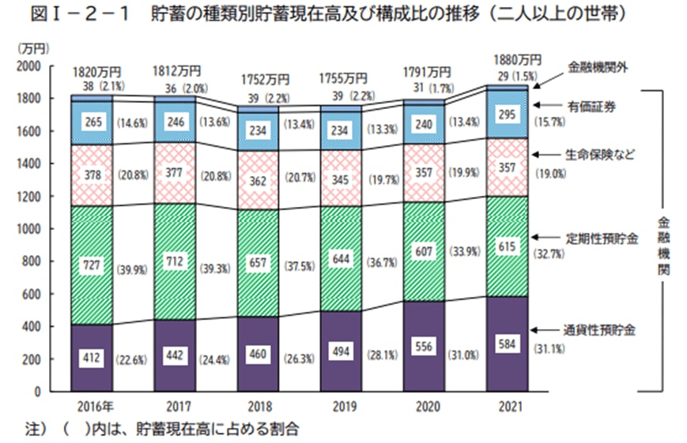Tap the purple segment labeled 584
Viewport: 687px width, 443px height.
pos(508,344)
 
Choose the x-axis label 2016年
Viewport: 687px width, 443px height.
pos(92,408)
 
